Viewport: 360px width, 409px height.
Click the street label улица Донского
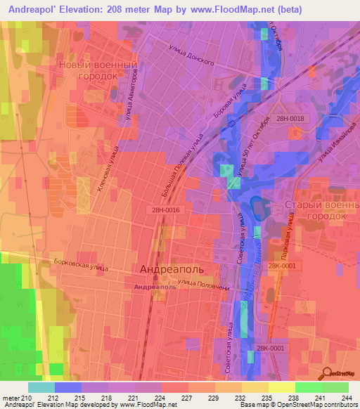[191, 56]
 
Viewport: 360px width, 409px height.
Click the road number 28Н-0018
[290, 118]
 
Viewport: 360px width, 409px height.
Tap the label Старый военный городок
[317, 210]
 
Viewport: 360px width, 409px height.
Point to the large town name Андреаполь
[173, 270]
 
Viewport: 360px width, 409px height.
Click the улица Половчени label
[200, 284]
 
